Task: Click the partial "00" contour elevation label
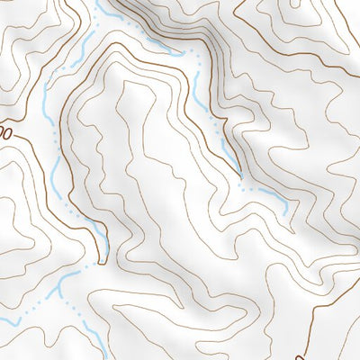click(x=6, y=132)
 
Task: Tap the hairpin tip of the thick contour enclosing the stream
click(x=102, y=263)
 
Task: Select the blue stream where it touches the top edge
click(x=95, y=3)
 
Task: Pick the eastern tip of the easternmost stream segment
click(x=286, y=212)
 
